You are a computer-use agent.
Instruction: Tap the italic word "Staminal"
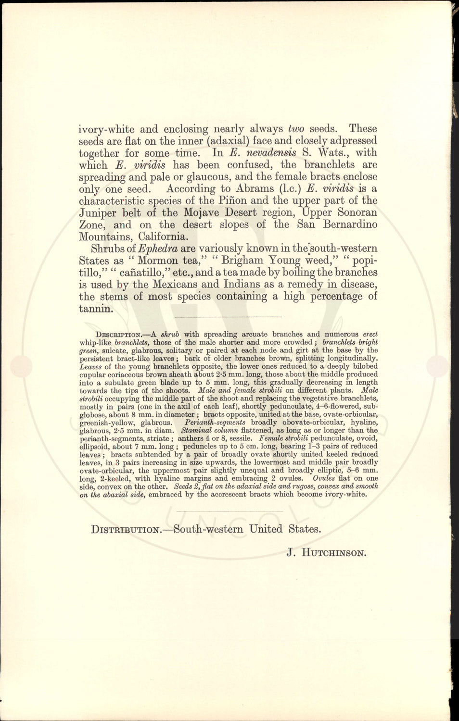(x=197, y=430)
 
